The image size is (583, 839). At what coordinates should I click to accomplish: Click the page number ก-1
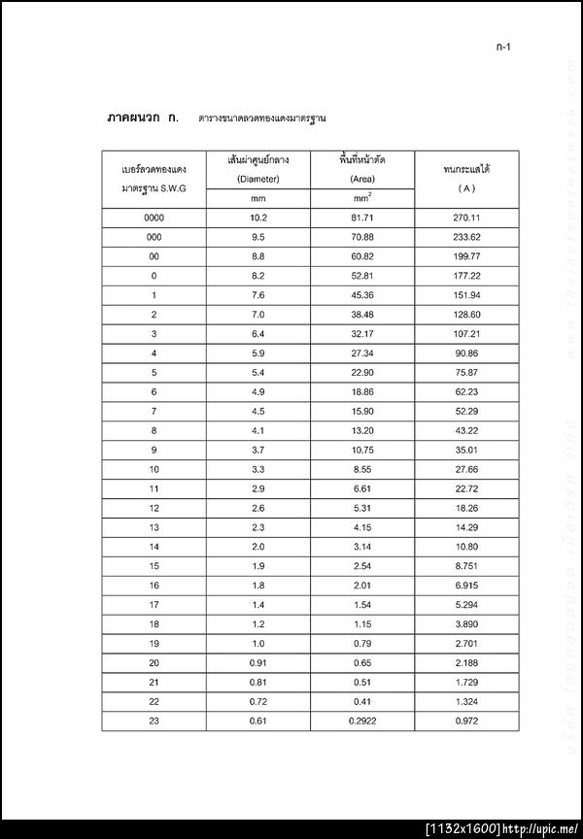[x=503, y=47]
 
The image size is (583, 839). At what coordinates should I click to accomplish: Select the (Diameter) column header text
[x=257, y=179]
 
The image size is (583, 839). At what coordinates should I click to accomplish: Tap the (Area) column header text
[x=362, y=179]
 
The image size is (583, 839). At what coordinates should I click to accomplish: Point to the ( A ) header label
[x=465, y=187]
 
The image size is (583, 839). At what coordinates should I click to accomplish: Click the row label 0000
[x=154, y=218]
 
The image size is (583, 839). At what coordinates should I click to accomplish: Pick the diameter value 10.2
[x=257, y=218]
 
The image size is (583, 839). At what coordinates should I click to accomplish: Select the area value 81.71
[x=362, y=218]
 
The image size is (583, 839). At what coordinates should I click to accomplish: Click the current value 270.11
[x=466, y=218]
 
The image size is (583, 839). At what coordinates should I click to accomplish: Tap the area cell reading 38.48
[x=362, y=315]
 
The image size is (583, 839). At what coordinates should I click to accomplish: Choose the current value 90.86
[x=466, y=352]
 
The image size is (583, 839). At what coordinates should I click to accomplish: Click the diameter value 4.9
[x=257, y=391]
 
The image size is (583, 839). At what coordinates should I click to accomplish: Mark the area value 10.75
[x=362, y=450]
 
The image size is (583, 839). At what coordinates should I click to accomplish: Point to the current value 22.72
[x=466, y=487]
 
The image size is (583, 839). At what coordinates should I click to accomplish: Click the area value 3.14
[x=362, y=546]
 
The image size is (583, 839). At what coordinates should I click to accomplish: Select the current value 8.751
[x=466, y=565]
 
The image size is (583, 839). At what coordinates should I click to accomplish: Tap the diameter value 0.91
[x=257, y=661]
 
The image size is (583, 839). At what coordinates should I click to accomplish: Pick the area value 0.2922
[x=362, y=720]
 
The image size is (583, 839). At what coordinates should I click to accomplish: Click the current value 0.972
[x=466, y=720]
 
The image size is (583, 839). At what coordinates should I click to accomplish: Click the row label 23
[x=154, y=720]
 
